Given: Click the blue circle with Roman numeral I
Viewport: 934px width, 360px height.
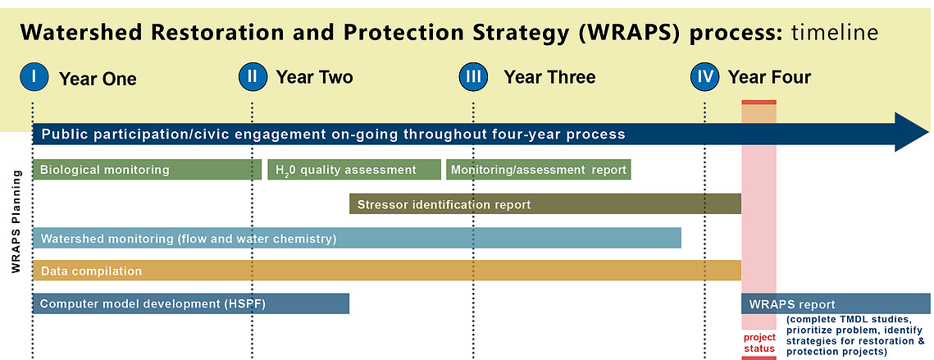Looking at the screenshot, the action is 34,76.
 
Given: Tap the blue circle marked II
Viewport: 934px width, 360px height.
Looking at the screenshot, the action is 253,76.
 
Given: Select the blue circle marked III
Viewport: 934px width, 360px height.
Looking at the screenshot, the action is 473,76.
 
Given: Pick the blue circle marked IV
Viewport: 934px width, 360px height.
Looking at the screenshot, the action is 705,76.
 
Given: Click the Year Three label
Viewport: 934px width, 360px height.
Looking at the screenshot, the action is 549,77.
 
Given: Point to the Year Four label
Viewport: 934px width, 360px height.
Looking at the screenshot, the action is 769,77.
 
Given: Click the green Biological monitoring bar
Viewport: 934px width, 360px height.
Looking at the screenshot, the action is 147,170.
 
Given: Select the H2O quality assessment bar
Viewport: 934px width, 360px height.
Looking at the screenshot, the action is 354,170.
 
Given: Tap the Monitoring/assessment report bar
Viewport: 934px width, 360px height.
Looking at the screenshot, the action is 539,170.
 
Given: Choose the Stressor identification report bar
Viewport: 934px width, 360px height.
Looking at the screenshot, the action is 545,204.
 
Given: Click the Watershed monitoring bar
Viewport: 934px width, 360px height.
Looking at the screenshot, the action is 357,239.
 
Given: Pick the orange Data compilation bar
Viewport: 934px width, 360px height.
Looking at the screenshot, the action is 386,271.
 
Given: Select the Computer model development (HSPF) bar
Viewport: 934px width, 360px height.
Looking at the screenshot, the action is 190,304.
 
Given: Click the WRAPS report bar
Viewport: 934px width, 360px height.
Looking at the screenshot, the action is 836,304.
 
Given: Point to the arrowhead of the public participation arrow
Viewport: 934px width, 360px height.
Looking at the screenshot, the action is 911,132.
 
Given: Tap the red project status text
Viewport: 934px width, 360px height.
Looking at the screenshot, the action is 759,344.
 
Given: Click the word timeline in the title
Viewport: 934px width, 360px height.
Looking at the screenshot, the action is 835,34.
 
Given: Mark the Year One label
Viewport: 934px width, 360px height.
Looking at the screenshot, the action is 98,79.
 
